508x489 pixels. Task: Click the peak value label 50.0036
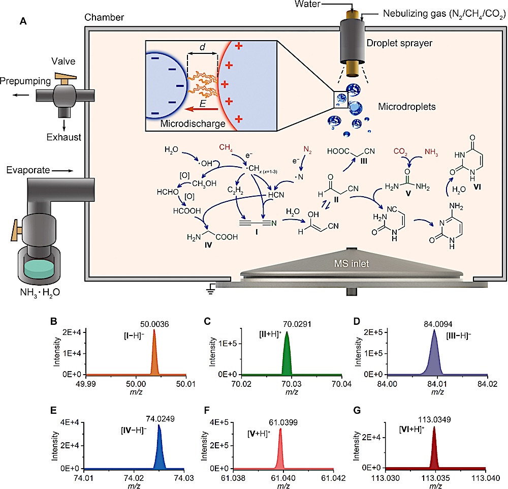[x=154, y=324]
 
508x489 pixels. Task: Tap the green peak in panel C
[x=287, y=357]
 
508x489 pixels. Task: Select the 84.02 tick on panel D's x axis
[x=487, y=384]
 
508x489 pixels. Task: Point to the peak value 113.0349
[x=434, y=419]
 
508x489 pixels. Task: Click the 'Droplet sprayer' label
[x=399, y=43]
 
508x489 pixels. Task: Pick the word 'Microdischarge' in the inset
[x=193, y=124]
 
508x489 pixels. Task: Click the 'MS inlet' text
[x=352, y=264]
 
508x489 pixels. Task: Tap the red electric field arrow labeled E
[x=201, y=109]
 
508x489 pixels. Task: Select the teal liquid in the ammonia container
[x=39, y=269]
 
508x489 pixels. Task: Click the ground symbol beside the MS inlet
[x=211, y=289]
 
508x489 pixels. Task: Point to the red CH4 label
[x=226, y=147]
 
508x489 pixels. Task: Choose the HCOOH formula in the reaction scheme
[x=187, y=211]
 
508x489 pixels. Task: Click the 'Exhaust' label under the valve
[x=64, y=137]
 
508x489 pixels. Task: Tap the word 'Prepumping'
[x=25, y=81]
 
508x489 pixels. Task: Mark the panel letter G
[x=357, y=411]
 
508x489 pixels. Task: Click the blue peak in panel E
[x=159, y=447]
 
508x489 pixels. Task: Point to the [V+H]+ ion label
[x=259, y=434]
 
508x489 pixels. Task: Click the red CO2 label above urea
[x=400, y=151]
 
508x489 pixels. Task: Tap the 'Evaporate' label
[x=28, y=170]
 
